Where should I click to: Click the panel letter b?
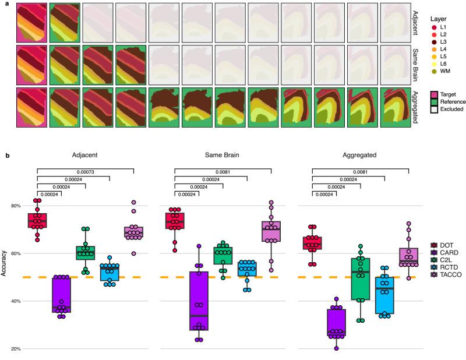pos(6,156)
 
